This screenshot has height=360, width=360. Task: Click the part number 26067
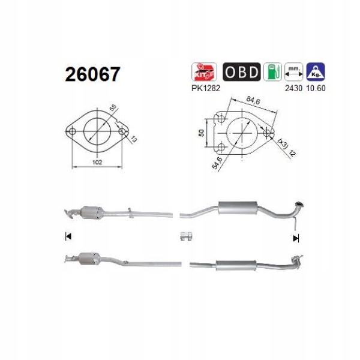click(92, 74)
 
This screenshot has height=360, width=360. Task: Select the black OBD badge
click(242, 73)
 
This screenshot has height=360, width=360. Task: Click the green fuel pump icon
click(274, 73)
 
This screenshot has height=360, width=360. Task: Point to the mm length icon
click(293, 73)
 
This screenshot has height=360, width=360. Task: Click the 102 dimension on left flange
click(97, 162)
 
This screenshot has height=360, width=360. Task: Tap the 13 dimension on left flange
click(133, 140)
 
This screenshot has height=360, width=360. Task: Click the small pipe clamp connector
click(185, 236)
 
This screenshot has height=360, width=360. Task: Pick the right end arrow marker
click(295, 238)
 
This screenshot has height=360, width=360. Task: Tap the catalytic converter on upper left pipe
click(91, 212)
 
